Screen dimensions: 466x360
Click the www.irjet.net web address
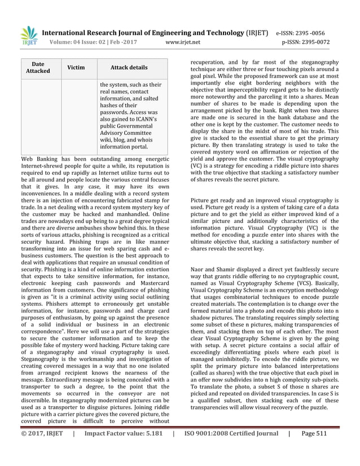pos(183,42)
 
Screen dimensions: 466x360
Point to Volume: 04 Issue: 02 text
pos(82,42)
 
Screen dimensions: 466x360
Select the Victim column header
pos(76,68)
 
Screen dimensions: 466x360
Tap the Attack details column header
pos(129,68)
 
